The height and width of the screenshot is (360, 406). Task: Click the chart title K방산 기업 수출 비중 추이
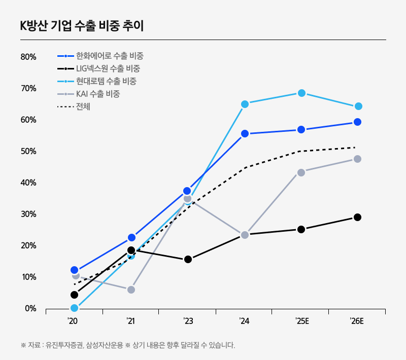tap(82, 26)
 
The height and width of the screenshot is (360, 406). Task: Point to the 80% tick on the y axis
tap(28, 57)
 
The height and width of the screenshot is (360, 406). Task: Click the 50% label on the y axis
tap(28, 151)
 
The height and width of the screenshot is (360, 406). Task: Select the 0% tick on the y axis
tap(30, 308)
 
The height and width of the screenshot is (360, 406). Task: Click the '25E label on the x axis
tap(301, 321)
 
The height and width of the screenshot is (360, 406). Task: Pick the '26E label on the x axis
tap(357, 321)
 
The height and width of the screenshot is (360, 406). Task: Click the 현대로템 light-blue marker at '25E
tap(301, 93)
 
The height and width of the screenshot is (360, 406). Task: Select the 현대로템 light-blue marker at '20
tap(75, 308)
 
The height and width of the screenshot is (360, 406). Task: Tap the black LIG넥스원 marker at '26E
tap(357, 217)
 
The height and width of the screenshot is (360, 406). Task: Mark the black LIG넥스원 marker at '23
tap(188, 259)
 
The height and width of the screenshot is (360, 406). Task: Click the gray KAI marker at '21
tap(131, 290)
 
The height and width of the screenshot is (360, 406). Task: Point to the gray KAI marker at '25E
tap(301, 172)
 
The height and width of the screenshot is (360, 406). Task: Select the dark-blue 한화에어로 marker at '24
tap(245, 134)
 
